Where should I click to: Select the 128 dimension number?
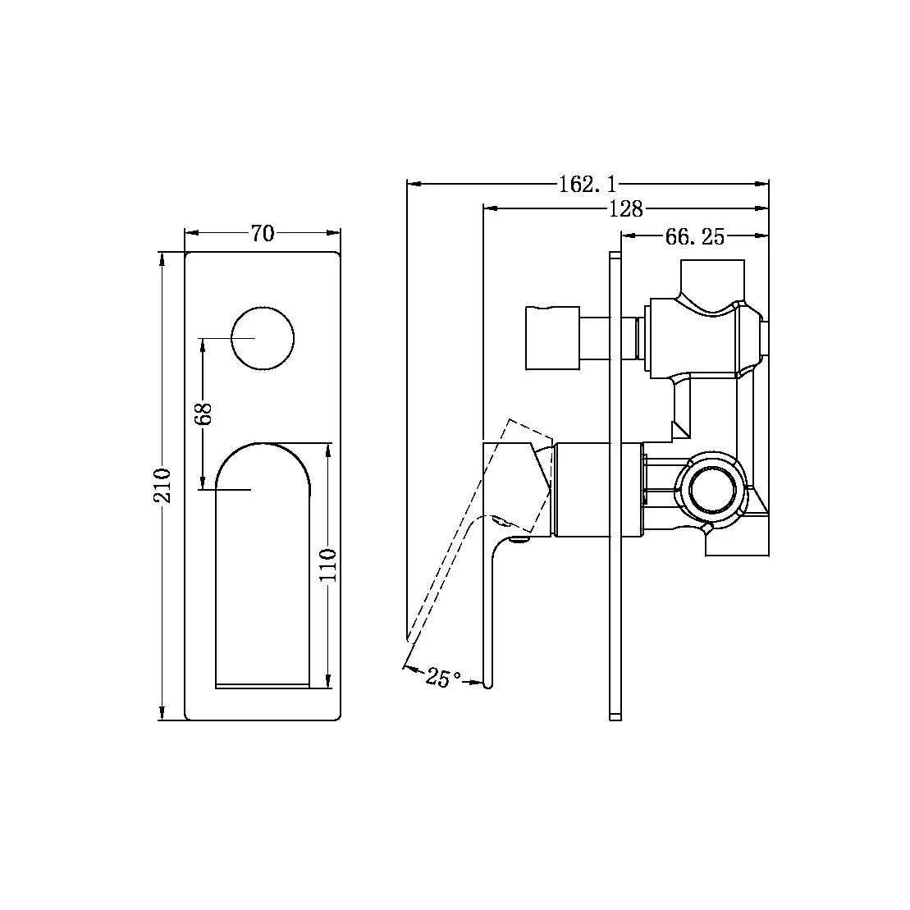[x=625, y=209]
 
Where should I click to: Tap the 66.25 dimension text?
[x=694, y=237]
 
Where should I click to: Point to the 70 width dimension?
[x=262, y=234]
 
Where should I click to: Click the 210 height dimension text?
[x=163, y=485]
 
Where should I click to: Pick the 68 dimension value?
[x=204, y=413]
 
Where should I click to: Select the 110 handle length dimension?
[x=328, y=565]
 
